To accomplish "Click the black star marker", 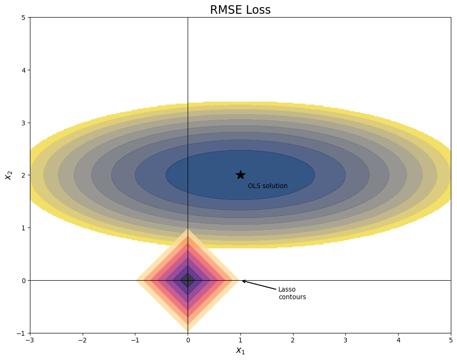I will [240, 175].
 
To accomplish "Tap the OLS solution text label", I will [267, 186].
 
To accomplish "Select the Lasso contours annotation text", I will [292, 293].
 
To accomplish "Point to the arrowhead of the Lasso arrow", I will [243, 281].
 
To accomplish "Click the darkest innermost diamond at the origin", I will [188, 280].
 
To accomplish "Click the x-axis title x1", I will [240, 351].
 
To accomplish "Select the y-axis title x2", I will [8, 175].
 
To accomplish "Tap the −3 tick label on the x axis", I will [30, 340].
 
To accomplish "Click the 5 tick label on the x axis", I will [451, 340].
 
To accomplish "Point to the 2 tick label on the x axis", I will [293, 340].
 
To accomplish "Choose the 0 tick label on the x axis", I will [188, 340].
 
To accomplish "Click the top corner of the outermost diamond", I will [188, 229].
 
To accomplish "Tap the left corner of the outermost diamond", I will [137, 280].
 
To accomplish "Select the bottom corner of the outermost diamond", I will [188, 331].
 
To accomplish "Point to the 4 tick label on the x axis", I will [398, 340].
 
